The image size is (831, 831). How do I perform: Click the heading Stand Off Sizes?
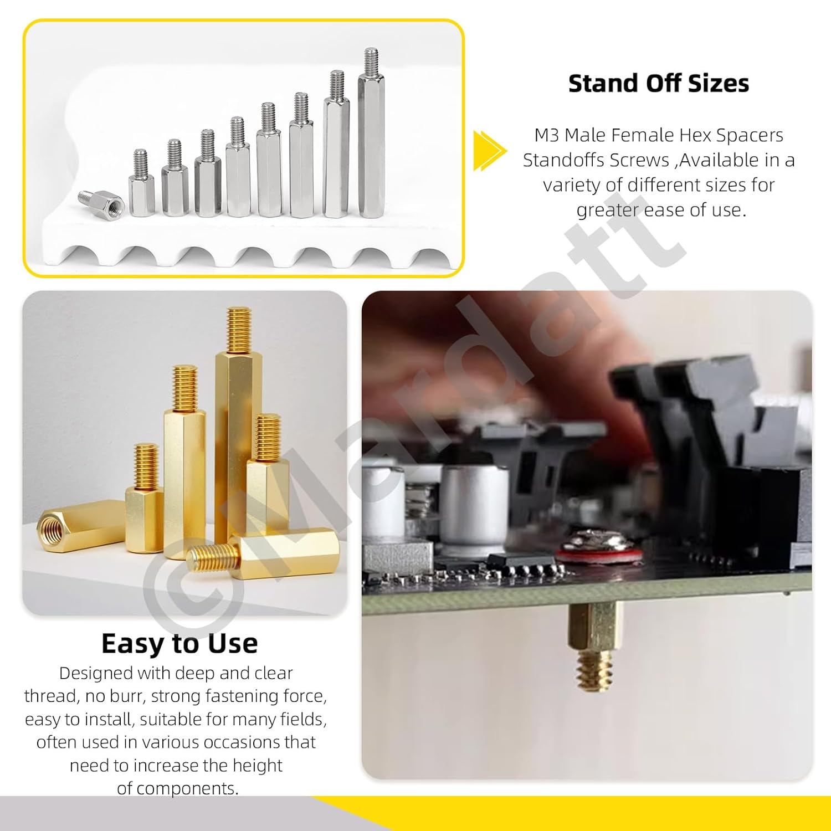(659, 83)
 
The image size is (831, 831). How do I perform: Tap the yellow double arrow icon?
(490, 150)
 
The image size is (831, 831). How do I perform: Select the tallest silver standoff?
(371, 133)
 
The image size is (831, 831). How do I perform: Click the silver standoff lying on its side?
(102, 202)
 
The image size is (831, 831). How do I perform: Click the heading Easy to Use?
(179, 643)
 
